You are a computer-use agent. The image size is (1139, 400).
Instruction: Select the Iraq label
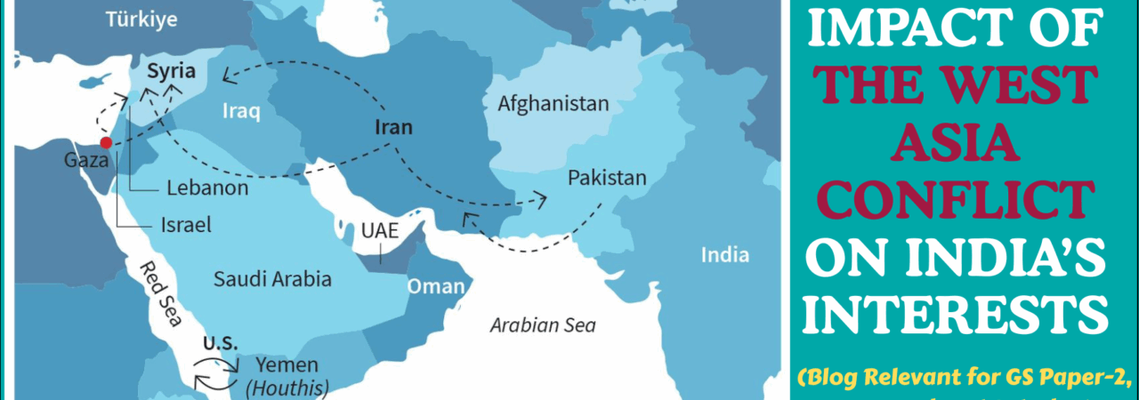pyautogui.click(x=240, y=112)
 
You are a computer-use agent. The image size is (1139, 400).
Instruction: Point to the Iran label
pyautogui.click(x=392, y=127)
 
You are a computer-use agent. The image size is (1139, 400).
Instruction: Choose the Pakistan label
pyautogui.click(x=608, y=178)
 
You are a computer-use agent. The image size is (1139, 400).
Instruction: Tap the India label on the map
pyautogui.click(x=724, y=256)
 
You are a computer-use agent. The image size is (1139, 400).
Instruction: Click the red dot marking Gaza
pyautogui.click(x=106, y=142)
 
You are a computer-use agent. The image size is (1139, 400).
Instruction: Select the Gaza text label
pyautogui.click(x=86, y=162)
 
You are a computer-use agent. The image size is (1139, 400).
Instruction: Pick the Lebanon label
pyautogui.click(x=206, y=189)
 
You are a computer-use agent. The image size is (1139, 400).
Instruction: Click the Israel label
pyautogui.click(x=186, y=226)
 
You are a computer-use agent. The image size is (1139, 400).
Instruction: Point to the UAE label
pyautogui.click(x=379, y=229)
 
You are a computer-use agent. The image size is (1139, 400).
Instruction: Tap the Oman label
pyautogui.click(x=436, y=286)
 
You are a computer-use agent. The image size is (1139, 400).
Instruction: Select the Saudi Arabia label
pyautogui.click(x=272, y=279)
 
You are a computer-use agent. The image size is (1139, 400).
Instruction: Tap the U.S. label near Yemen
pyautogui.click(x=219, y=343)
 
